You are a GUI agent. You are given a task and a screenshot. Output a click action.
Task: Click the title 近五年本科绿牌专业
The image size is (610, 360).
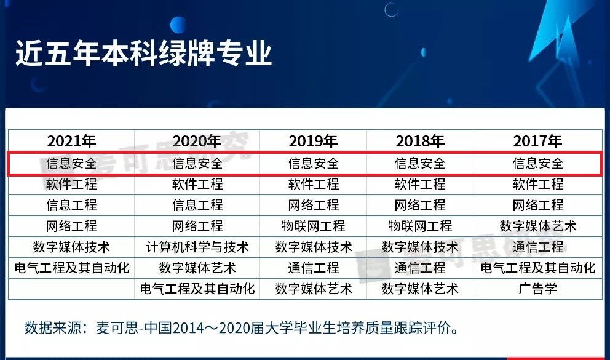coord(143,54)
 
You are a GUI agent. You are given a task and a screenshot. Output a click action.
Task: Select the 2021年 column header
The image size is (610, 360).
coord(71,141)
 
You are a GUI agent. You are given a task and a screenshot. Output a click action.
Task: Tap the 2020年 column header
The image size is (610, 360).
coord(197,141)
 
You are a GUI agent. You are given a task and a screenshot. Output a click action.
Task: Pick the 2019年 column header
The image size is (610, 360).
coord(314,141)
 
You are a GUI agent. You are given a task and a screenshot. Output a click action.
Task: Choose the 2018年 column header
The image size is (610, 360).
coord(420,141)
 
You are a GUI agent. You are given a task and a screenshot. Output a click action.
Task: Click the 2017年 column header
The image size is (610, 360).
coord(538,141)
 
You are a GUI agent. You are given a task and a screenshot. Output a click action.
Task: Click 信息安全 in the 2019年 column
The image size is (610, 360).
coord(314,164)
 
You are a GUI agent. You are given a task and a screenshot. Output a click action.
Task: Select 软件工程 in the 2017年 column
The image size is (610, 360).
coord(538,184)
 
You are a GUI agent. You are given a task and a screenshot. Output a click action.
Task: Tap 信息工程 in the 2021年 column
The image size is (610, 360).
coord(71,205)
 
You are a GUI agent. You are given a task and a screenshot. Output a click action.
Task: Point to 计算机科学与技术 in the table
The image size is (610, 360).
coord(197,247)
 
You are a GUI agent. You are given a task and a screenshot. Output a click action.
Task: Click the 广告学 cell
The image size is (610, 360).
coord(538,288)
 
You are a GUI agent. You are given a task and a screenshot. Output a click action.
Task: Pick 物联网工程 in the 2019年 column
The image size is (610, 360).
coord(314,226)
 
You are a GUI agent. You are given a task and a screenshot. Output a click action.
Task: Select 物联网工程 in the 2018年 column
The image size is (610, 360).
coord(420,226)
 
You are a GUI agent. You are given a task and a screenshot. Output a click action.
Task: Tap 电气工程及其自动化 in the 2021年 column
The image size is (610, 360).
coord(71,268)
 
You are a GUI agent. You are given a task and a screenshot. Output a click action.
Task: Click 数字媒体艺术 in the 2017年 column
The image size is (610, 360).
coord(538,226)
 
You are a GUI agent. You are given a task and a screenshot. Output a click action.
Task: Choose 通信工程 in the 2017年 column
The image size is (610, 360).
coord(538,247)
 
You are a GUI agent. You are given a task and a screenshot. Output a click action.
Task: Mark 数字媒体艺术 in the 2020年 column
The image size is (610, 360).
coord(197,268)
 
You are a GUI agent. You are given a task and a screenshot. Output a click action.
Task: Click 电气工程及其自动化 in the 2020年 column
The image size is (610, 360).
coord(197,288)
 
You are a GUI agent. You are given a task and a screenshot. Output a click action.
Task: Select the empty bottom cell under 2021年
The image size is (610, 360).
coord(71,288)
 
